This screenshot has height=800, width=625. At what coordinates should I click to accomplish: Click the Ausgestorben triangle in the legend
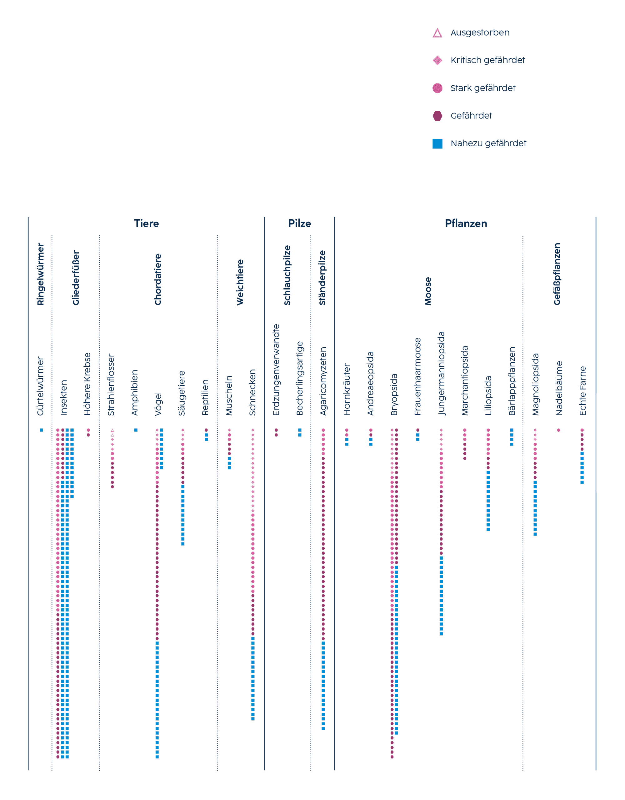tap(437, 33)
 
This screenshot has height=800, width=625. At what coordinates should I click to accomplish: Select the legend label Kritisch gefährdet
tap(487, 60)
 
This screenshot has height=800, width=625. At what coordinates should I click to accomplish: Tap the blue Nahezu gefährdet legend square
tap(437, 143)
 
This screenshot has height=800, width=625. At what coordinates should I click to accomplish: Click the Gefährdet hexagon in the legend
tap(437, 116)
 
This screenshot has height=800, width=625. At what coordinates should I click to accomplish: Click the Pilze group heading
tap(299, 224)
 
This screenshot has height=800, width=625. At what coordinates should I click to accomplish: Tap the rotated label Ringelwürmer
tap(40, 274)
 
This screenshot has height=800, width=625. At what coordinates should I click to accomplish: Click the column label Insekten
tap(64, 397)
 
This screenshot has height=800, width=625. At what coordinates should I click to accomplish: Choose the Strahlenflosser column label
tap(111, 385)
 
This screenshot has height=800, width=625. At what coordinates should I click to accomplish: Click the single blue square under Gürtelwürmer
tap(41, 430)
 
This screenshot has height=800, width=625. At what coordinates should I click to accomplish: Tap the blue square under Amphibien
tap(136, 430)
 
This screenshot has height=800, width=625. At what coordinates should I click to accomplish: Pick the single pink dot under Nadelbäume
tap(558, 430)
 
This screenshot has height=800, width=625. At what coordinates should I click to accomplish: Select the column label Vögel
tap(158, 404)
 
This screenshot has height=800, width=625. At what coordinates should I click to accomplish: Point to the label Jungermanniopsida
tap(442, 373)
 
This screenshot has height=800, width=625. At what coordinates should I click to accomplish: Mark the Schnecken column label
tap(252, 392)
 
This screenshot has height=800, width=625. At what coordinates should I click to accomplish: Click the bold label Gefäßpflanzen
tap(557, 274)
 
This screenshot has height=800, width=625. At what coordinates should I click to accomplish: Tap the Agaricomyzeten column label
tap(323, 381)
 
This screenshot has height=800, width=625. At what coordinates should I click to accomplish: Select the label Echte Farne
tap(582, 391)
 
